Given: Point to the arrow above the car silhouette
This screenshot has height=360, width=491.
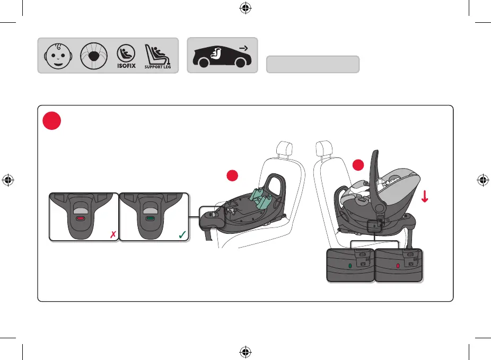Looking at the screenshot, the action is (x=243, y=48).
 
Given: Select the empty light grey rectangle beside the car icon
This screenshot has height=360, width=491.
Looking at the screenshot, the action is (x=313, y=64).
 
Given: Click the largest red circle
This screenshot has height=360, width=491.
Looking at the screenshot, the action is (x=53, y=121).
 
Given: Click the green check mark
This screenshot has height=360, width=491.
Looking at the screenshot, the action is (x=182, y=234).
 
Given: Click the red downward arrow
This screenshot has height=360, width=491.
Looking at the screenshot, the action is (x=425, y=197).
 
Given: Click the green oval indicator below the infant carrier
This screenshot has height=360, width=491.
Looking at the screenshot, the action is (x=350, y=264).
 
